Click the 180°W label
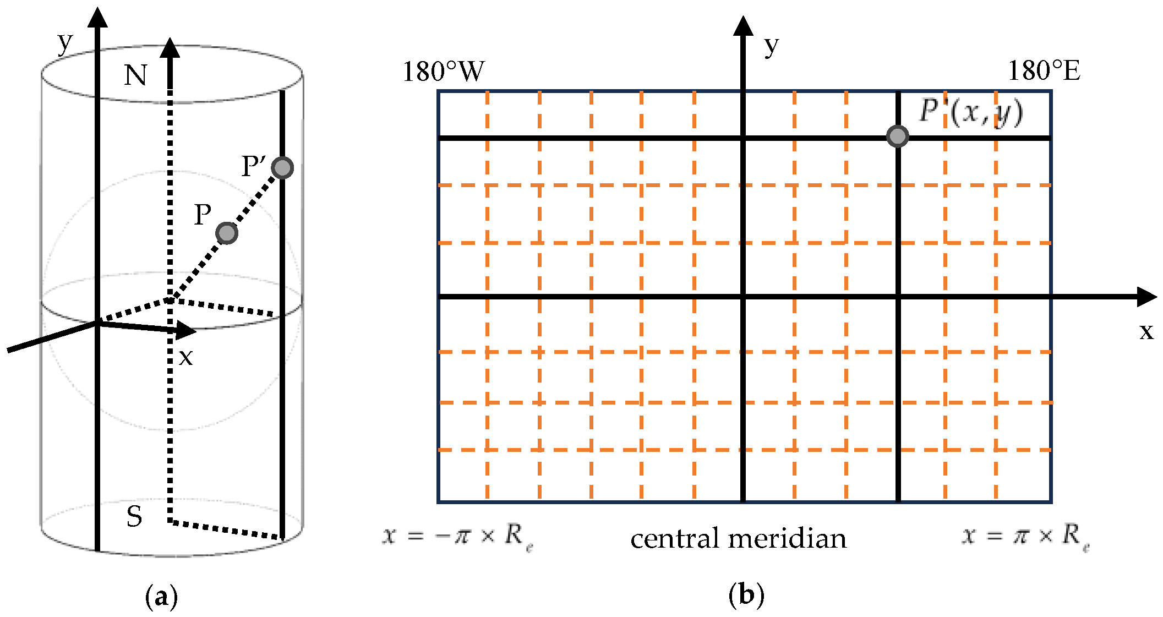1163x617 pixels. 444,72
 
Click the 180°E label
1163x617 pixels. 1044,70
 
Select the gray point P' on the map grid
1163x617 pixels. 898,136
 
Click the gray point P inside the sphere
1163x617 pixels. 227,233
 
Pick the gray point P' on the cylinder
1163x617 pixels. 283,167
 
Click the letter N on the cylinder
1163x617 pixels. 135,75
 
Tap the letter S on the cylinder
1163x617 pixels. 134,517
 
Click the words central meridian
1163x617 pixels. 738,538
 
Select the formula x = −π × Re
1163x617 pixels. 458,536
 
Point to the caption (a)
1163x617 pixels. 161,597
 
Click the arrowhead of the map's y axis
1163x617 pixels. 743,26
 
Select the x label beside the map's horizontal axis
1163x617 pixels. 1146,331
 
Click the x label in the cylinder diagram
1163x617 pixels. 186,357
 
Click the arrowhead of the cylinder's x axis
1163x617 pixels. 187,330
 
